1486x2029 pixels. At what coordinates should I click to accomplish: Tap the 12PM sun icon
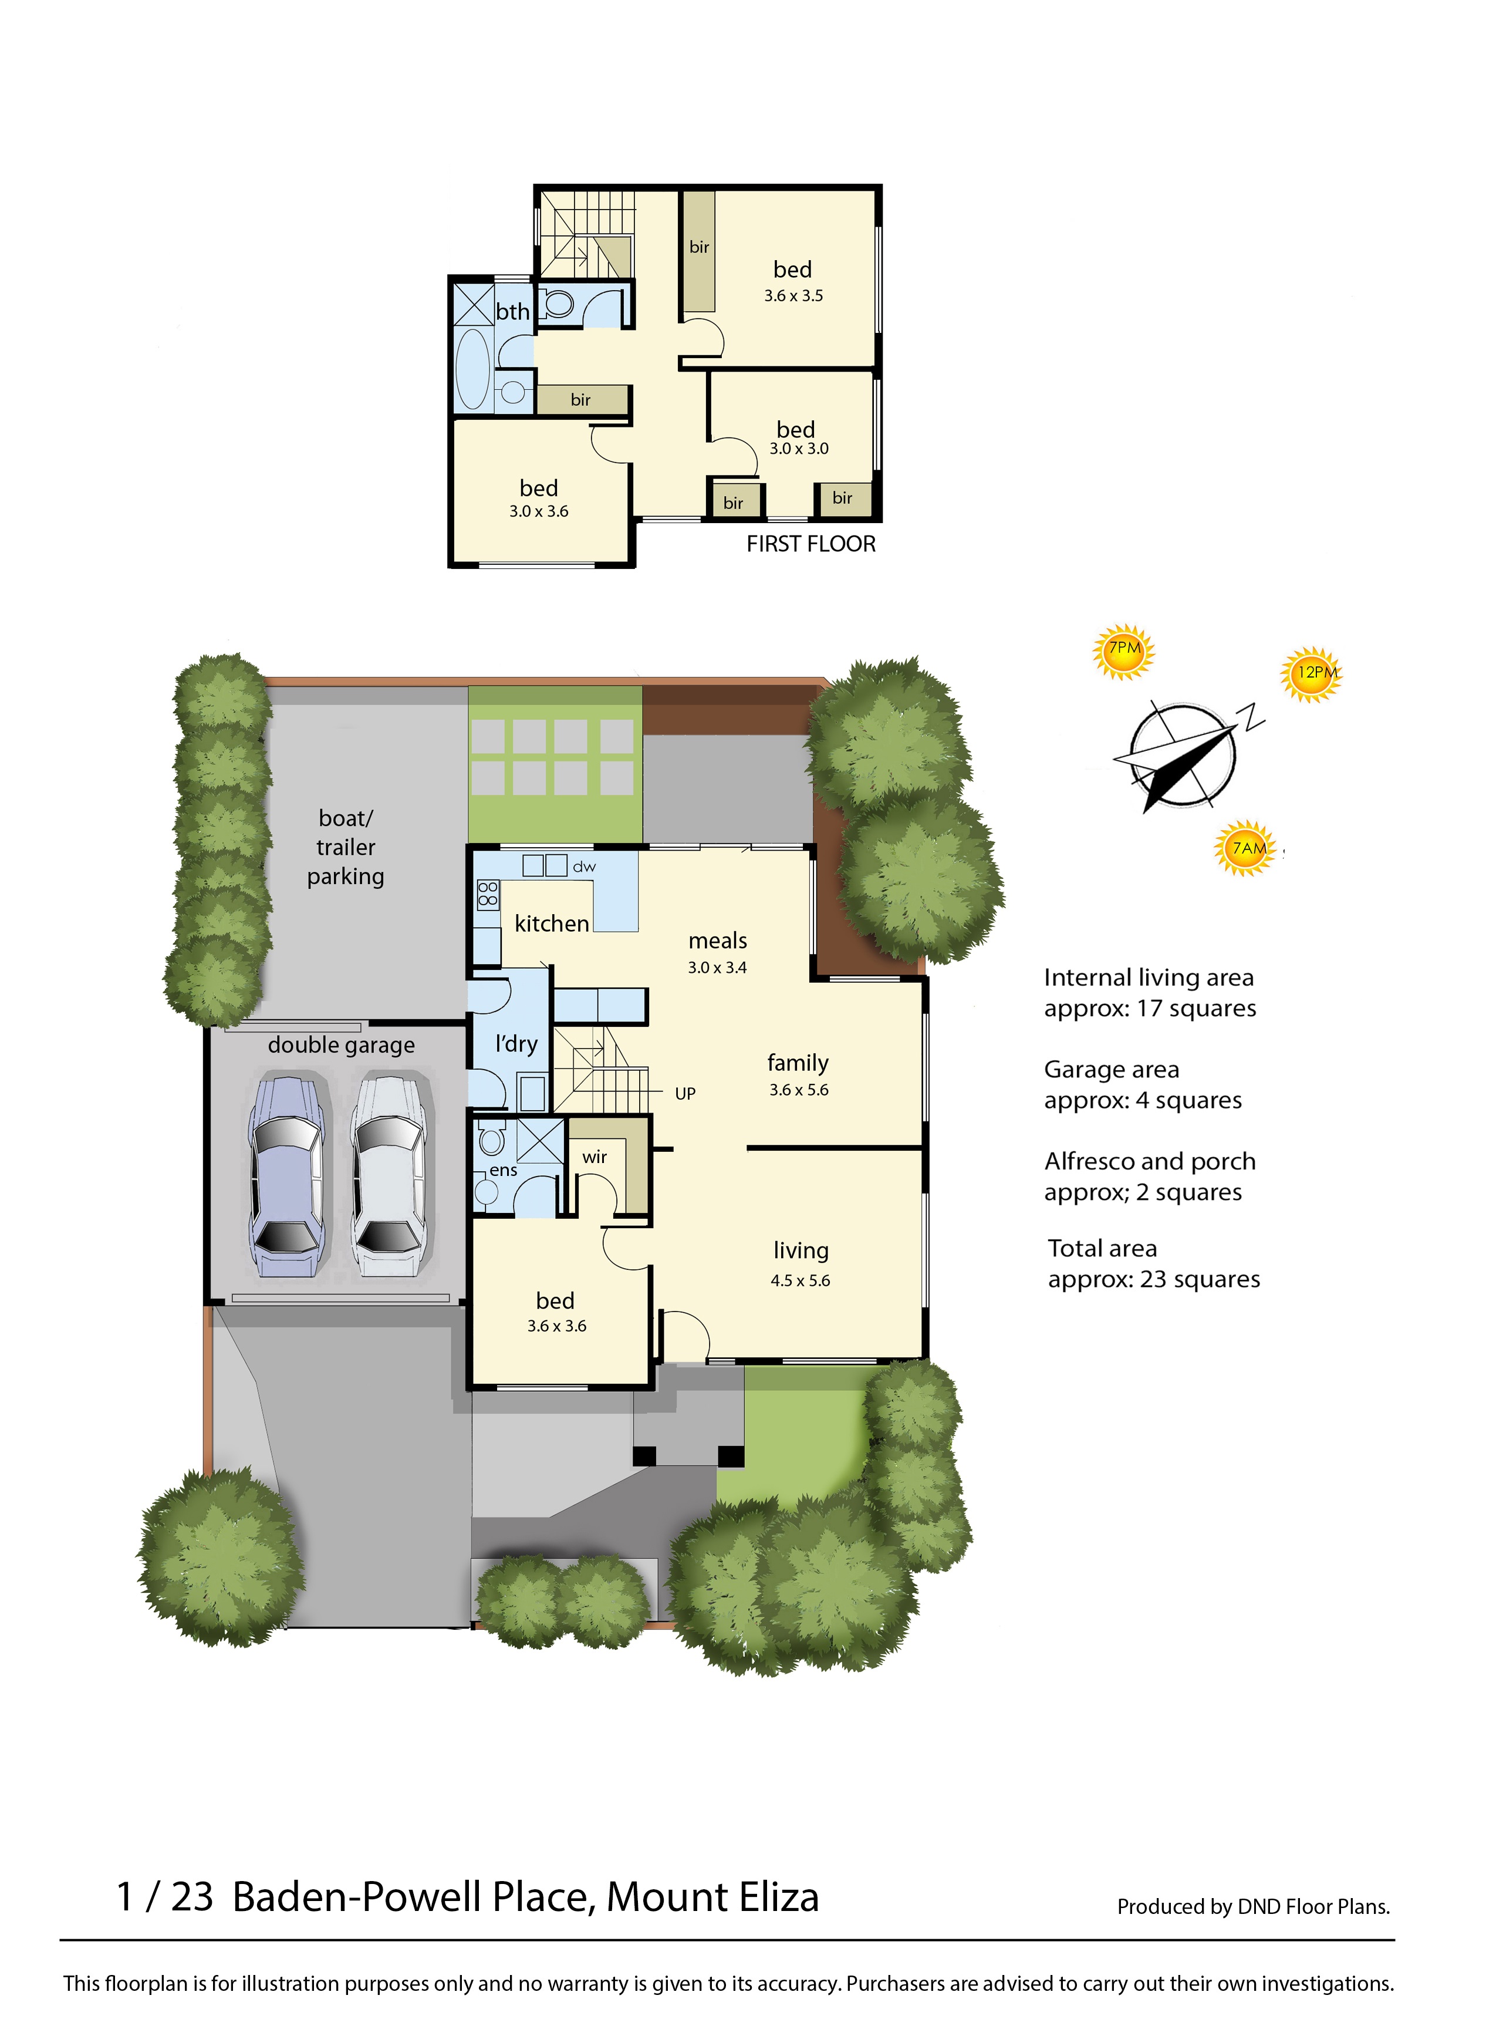point(1312,674)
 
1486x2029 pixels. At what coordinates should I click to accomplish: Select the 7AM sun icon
point(1246,848)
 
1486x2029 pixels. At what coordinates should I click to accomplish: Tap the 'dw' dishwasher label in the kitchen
point(585,867)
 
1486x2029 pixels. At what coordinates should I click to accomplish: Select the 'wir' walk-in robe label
point(595,1158)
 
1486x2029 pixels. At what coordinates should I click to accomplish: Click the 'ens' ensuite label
point(504,1171)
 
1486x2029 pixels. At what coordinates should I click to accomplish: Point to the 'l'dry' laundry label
point(516,1044)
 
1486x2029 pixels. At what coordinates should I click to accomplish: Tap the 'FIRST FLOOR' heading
point(811,544)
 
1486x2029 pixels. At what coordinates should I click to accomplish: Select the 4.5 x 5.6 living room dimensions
point(801,1281)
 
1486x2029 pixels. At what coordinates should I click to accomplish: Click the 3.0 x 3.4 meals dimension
point(718,968)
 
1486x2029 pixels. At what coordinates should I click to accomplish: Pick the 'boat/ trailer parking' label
point(346,848)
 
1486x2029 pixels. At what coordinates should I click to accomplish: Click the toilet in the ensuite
point(492,1139)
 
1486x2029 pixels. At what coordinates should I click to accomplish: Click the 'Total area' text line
point(1103,1249)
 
